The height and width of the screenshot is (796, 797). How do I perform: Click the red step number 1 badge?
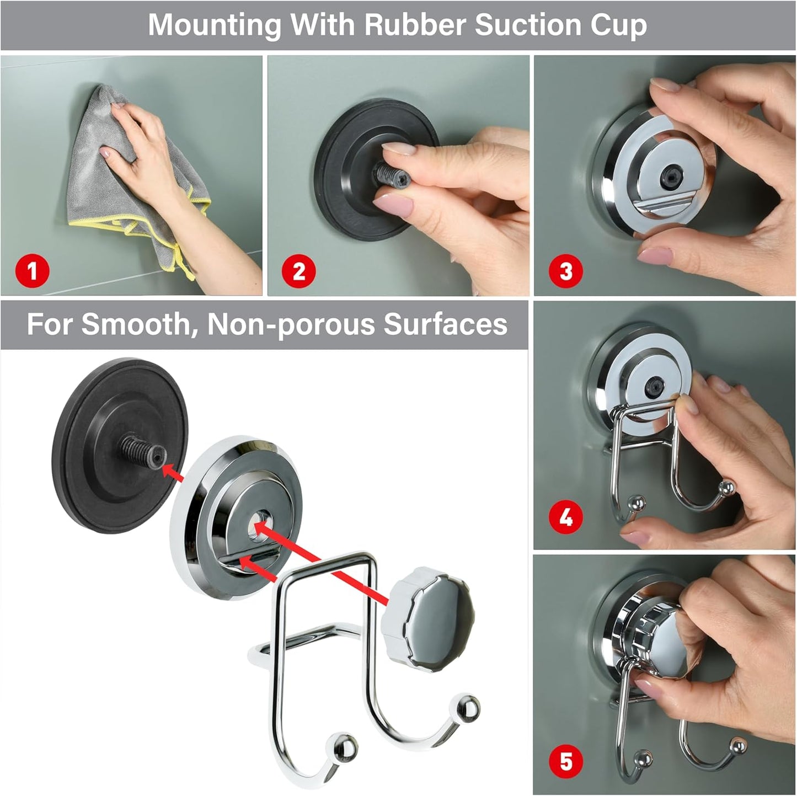pos(32,271)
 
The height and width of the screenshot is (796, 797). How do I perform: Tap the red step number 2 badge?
pos(299,271)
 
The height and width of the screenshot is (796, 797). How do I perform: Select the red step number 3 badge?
pos(566,271)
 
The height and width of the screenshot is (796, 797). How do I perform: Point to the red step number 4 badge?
pos(566,517)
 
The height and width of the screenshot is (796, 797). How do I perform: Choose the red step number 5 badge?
pos(566,761)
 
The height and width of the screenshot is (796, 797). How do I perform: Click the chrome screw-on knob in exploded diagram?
pos(427,613)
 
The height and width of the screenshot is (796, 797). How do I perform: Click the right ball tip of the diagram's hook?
pos(469,708)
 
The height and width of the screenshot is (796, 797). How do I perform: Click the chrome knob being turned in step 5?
pos(659,640)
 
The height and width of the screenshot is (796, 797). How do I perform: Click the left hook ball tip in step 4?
pos(637,503)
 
